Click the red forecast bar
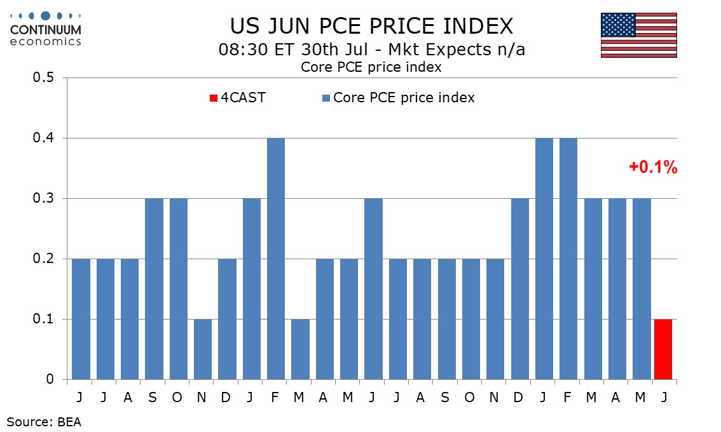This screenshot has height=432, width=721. [663, 349]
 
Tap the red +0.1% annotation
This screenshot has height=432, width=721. [653, 167]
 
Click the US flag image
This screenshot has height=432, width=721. [639, 35]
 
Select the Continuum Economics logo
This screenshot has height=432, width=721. [46, 29]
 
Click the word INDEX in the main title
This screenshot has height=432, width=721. [478, 26]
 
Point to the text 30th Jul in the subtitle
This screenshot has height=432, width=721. [334, 49]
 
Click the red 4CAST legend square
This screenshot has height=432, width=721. [214, 98]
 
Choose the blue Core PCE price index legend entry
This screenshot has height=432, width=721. [399, 97]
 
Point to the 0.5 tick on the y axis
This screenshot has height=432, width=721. [43, 78]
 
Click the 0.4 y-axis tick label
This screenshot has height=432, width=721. [43, 138]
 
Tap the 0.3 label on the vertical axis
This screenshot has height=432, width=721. [43, 198]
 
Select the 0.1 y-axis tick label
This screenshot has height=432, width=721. [43, 319]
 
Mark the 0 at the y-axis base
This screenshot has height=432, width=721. [50, 379]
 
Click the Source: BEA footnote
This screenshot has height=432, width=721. [44, 422]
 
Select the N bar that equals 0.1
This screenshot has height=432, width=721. [203, 349]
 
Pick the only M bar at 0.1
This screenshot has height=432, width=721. [300, 349]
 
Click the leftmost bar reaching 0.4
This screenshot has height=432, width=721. [276, 259]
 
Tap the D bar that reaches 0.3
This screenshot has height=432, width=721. [520, 289]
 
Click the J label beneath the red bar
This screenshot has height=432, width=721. [664, 398]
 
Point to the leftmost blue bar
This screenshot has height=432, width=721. [81, 319]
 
